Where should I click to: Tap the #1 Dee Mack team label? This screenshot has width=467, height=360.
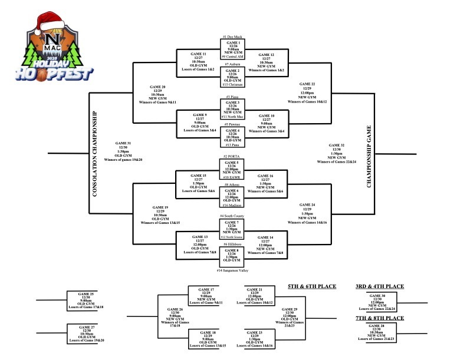point(233,37)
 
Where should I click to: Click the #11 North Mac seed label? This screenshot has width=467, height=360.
point(233,117)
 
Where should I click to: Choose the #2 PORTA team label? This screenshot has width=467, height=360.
point(233,156)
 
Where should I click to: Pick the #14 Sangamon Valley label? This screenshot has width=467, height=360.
point(233,270)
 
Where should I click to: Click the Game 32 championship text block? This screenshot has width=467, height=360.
point(337,152)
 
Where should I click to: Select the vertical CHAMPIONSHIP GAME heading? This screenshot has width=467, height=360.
point(370,156)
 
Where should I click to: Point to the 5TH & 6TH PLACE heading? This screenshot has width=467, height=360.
point(311,286)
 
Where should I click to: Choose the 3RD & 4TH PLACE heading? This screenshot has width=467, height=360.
point(379,286)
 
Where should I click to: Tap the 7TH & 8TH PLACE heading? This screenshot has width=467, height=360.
point(379,318)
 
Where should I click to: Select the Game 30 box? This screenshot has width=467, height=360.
point(379,302)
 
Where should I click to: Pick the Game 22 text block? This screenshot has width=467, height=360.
point(307,91)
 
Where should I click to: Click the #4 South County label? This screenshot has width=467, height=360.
point(233,216)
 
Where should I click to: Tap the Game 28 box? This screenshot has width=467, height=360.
point(379,332)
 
